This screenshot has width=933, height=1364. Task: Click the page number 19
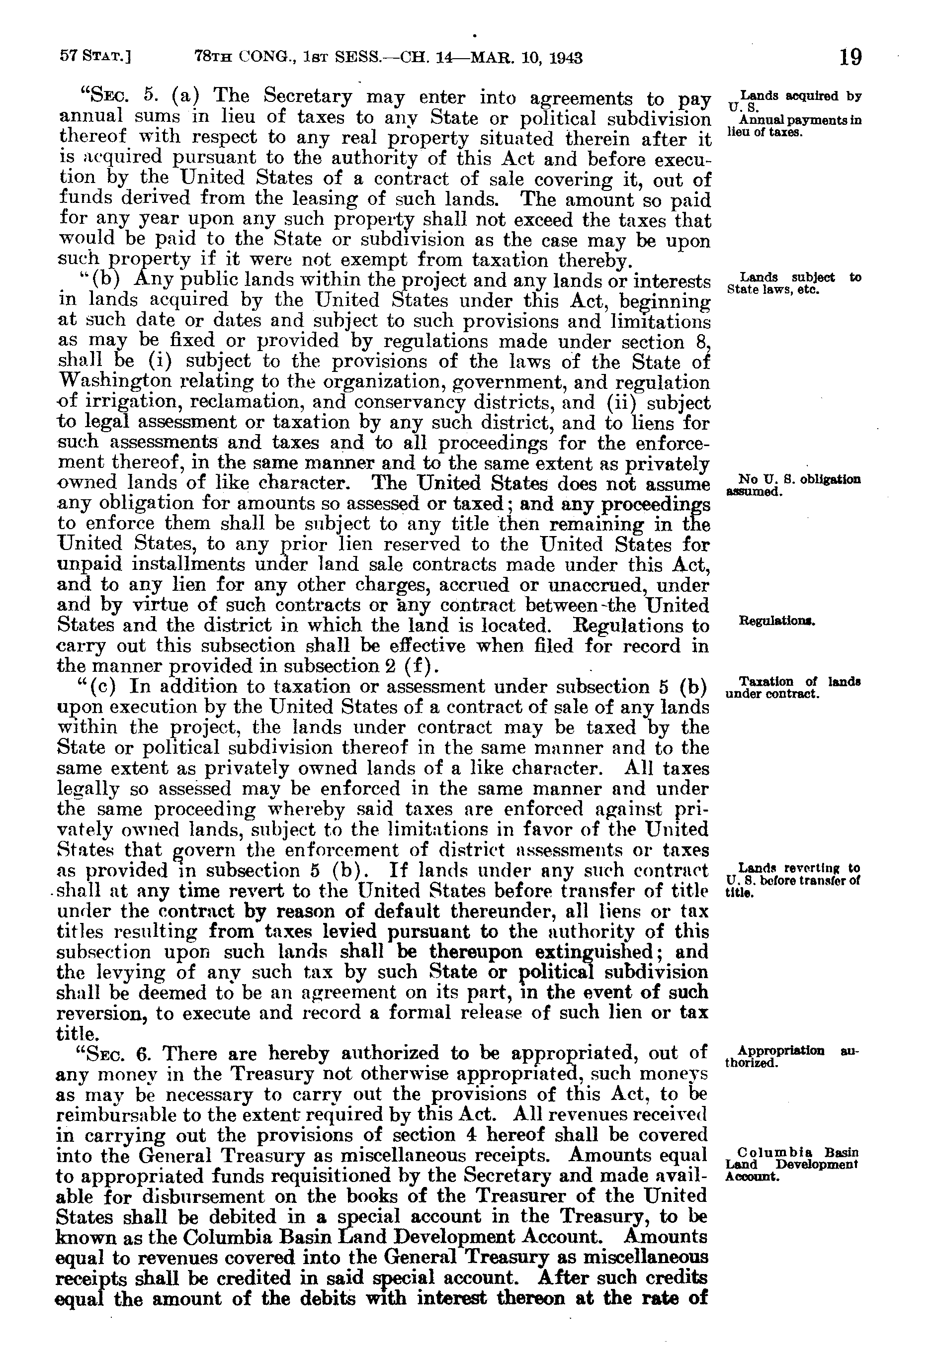click(x=850, y=58)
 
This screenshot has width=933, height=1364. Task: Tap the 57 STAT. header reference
click(x=95, y=58)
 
